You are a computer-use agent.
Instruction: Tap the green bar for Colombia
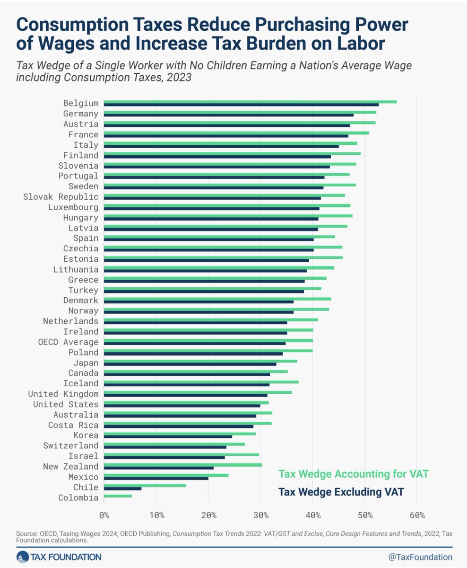(x=118, y=496)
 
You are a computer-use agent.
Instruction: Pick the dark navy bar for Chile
(x=122, y=488)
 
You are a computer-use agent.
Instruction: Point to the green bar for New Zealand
(x=182, y=465)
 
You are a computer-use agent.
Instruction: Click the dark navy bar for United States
(x=182, y=406)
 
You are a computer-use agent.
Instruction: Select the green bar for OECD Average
(x=208, y=340)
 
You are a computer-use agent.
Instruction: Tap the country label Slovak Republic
(x=61, y=197)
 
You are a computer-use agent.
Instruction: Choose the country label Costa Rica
(x=73, y=425)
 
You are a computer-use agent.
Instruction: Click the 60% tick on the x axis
(x=417, y=515)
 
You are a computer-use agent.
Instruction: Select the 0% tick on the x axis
(x=104, y=515)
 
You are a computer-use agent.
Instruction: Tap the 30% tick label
(x=260, y=515)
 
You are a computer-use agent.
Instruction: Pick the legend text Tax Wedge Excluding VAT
(x=341, y=492)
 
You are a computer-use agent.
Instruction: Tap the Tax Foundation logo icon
(x=23, y=557)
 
